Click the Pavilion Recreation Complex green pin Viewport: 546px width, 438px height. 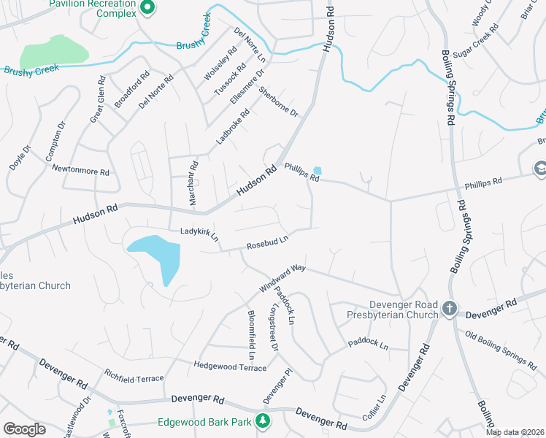147,7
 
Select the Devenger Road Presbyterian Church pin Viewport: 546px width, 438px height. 449,310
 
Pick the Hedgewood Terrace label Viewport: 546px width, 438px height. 230,366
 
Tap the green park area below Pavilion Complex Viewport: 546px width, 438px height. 53,53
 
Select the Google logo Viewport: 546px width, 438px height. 24,429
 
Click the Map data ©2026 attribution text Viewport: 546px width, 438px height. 515,432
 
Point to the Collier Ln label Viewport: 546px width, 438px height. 373,410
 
